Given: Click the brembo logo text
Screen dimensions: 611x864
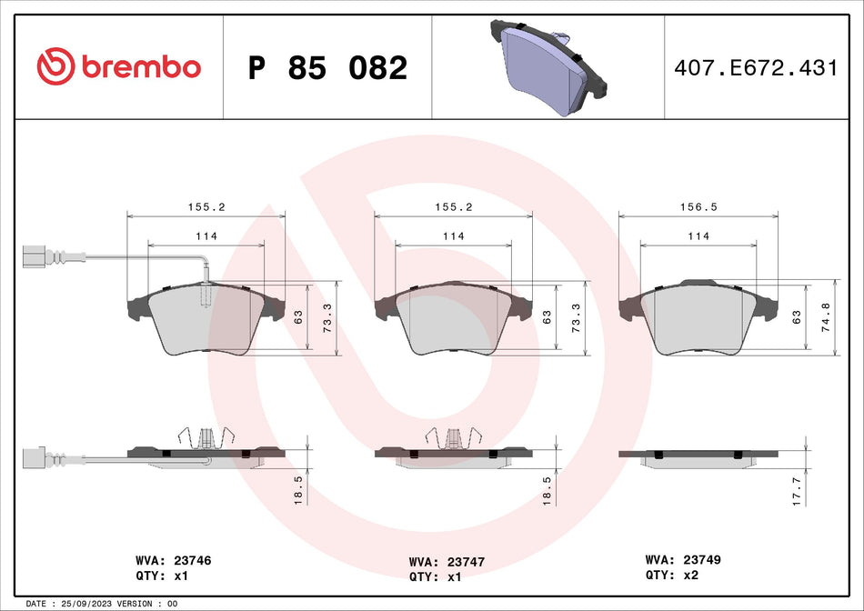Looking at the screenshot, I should click(139, 66).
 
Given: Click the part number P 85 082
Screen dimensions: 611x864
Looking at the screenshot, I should click(327, 67).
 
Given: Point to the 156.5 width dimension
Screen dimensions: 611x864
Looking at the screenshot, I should click(698, 206).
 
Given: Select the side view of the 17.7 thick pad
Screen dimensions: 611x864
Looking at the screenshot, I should click(698, 457).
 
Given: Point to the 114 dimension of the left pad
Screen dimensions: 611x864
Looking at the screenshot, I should click(206, 235).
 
